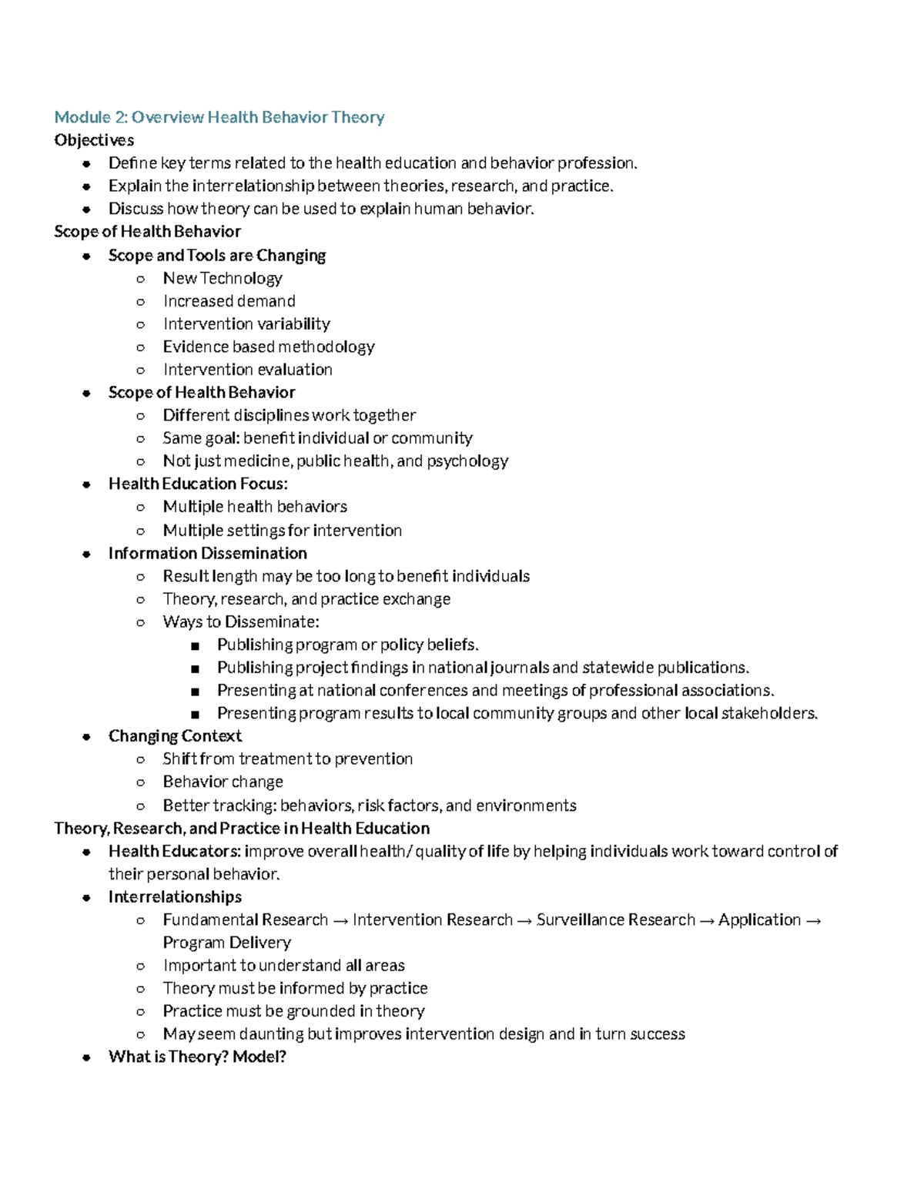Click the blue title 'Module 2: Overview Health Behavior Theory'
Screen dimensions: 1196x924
(x=219, y=117)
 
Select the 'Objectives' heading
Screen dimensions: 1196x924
(x=94, y=140)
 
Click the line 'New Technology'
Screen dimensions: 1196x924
(x=223, y=278)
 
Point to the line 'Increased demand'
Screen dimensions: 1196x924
(x=229, y=301)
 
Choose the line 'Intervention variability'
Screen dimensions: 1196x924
(x=246, y=324)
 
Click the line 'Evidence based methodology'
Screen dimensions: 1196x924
(x=269, y=347)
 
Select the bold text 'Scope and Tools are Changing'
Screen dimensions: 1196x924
(x=217, y=255)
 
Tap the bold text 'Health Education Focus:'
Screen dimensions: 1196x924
(x=198, y=484)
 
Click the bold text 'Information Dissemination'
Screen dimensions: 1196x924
(x=208, y=553)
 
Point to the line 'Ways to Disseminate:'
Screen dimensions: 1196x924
(x=241, y=621)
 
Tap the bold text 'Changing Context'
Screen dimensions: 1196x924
(x=175, y=736)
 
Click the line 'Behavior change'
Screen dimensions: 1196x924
(x=223, y=782)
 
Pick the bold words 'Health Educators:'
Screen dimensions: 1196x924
(x=175, y=851)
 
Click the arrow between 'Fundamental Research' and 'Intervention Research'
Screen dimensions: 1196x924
(x=340, y=920)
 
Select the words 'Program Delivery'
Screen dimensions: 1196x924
(x=226, y=943)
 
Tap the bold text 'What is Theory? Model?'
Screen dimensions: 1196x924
(x=197, y=1057)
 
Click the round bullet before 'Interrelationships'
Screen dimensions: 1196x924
(x=87, y=897)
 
